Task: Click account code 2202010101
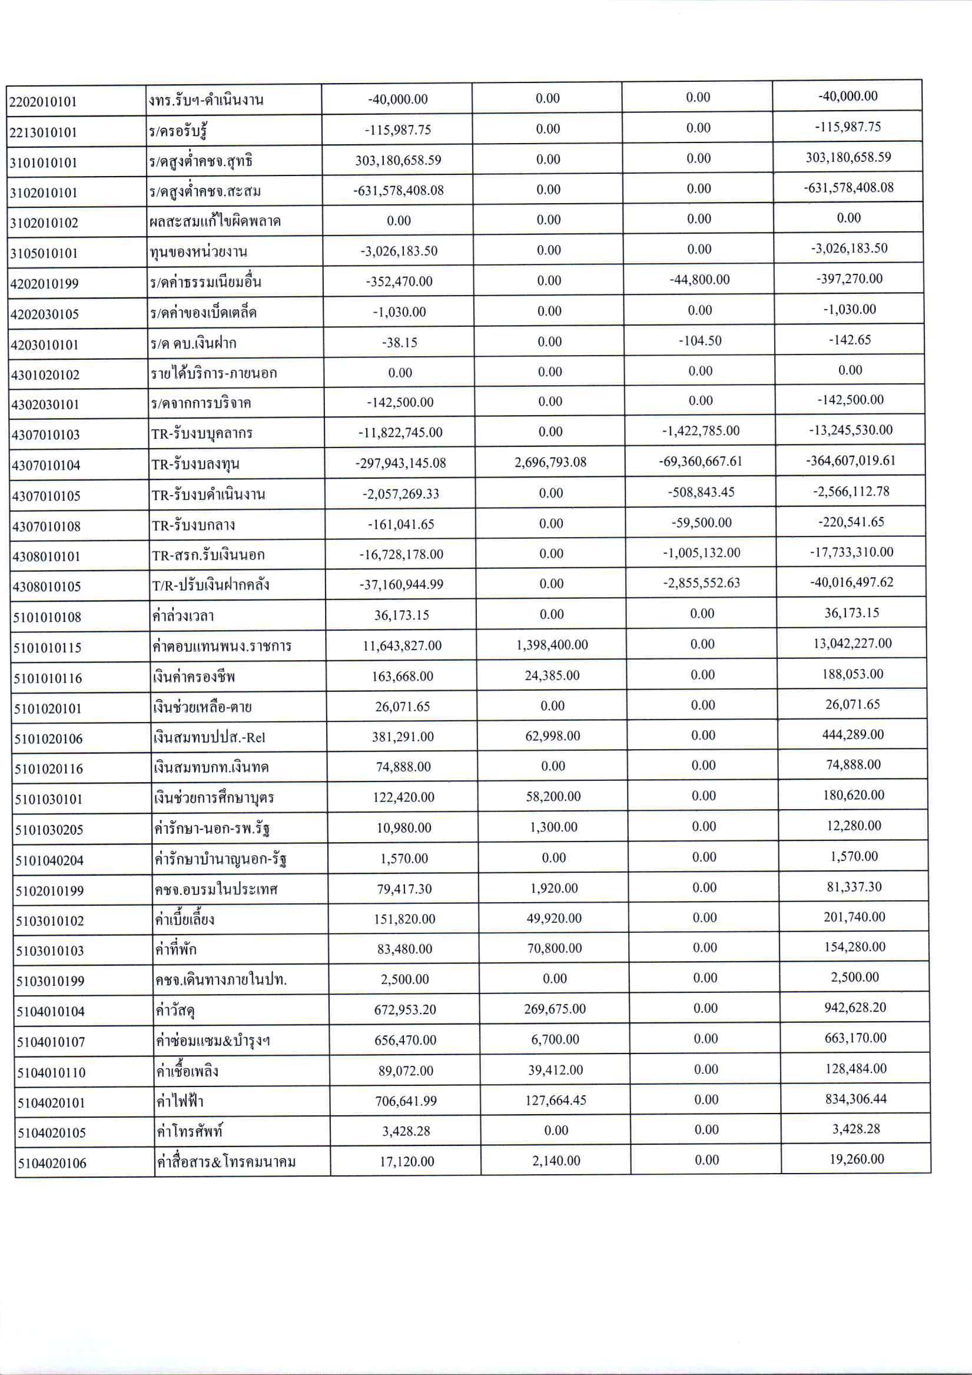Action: click(43, 101)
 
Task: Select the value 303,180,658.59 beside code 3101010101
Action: click(398, 160)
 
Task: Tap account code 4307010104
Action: click(46, 465)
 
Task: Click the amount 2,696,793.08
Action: click(550, 462)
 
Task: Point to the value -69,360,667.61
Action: click(701, 461)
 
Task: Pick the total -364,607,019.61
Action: click(850, 460)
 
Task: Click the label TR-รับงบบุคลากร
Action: click(202, 433)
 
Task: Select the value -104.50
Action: click(700, 341)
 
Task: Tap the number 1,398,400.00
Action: click(552, 644)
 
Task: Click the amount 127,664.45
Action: click(556, 1100)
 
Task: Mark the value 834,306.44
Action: click(855, 1099)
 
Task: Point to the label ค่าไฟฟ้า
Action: click(180, 1101)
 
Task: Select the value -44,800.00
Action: click(699, 280)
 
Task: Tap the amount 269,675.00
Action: click(555, 1009)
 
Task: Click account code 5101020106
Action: click(48, 738)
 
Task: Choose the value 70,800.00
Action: click(554, 948)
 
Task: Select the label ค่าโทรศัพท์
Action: click(189, 1131)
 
